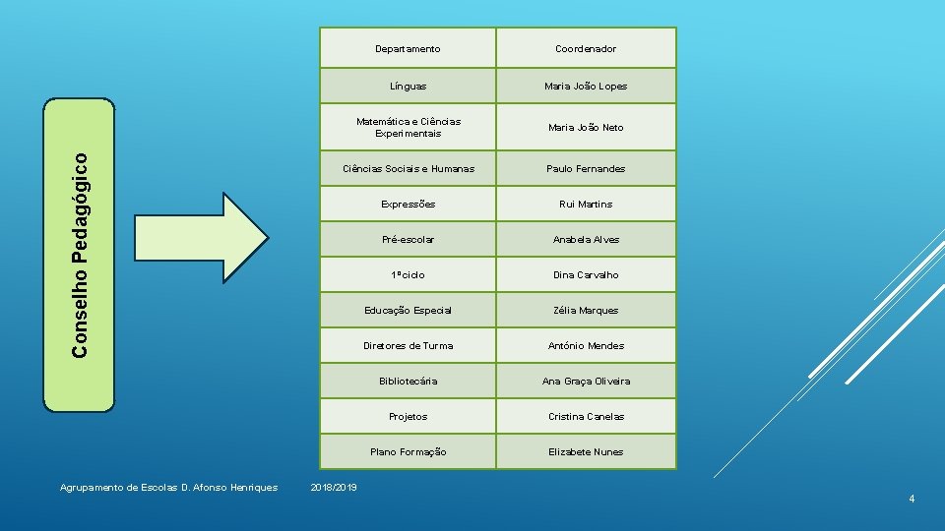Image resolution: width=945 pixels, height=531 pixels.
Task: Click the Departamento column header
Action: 408,49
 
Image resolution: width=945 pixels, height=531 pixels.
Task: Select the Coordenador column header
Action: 586,49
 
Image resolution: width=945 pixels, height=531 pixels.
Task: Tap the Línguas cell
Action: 408,87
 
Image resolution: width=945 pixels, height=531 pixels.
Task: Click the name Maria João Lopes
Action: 586,87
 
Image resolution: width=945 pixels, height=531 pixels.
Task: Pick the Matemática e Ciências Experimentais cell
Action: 408,128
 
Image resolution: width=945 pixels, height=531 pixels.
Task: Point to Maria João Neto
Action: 586,128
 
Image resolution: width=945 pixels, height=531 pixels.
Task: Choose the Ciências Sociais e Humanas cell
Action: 408,169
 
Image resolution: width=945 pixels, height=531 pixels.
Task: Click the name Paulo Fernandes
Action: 586,169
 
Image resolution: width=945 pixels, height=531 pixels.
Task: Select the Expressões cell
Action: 408,205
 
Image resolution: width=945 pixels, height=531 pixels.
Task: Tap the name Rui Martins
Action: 586,205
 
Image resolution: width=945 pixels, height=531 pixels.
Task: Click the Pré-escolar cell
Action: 408,240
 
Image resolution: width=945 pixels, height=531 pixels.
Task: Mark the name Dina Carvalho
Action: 586,275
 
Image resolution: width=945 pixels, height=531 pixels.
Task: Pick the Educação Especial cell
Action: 408,311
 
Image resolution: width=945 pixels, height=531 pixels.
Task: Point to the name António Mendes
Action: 586,346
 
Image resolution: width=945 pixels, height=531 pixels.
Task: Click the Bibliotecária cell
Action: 408,382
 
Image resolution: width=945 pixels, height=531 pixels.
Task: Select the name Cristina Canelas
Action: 586,417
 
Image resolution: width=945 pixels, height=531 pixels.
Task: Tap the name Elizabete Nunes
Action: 586,452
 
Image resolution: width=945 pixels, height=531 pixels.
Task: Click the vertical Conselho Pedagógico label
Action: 86,253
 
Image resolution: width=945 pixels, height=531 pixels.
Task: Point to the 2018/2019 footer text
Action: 334,488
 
